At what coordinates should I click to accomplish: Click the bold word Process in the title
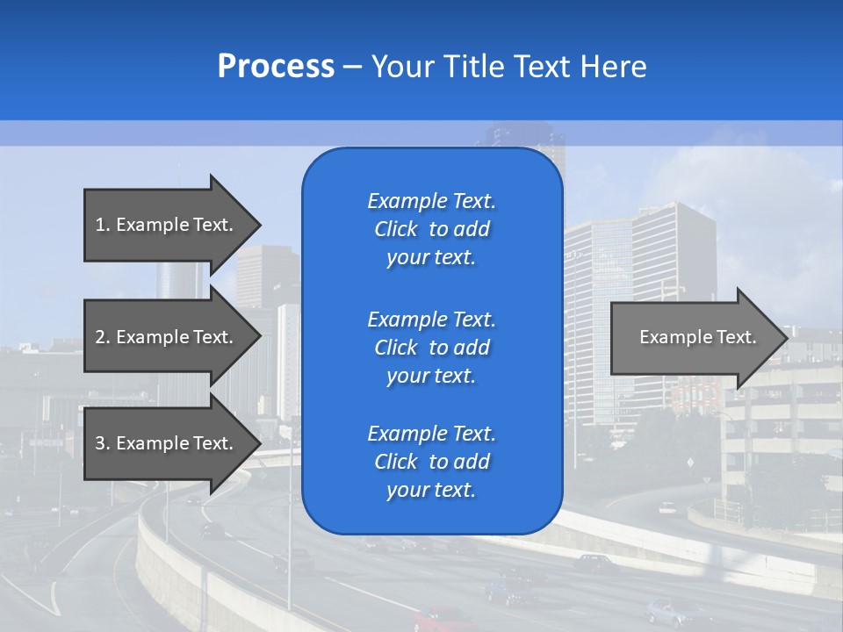pyautogui.click(x=276, y=67)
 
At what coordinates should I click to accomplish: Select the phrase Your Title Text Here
pyautogui.click(x=508, y=67)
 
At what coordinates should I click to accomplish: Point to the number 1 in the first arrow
pyautogui.click(x=100, y=225)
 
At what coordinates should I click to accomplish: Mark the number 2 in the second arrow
pyautogui.click(x=100, y=337)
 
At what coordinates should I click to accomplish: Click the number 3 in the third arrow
pyautogui.click(x=100, y=443)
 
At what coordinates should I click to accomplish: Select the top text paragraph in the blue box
pyautogui.click(x=431, y=229)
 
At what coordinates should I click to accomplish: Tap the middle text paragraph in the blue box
pyautogui.click(x=431, y=348)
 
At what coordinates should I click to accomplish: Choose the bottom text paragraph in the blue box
pyautogui.click(x=431, y=462)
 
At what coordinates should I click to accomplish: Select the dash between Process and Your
pyautogui.click(x=352, y=67)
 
